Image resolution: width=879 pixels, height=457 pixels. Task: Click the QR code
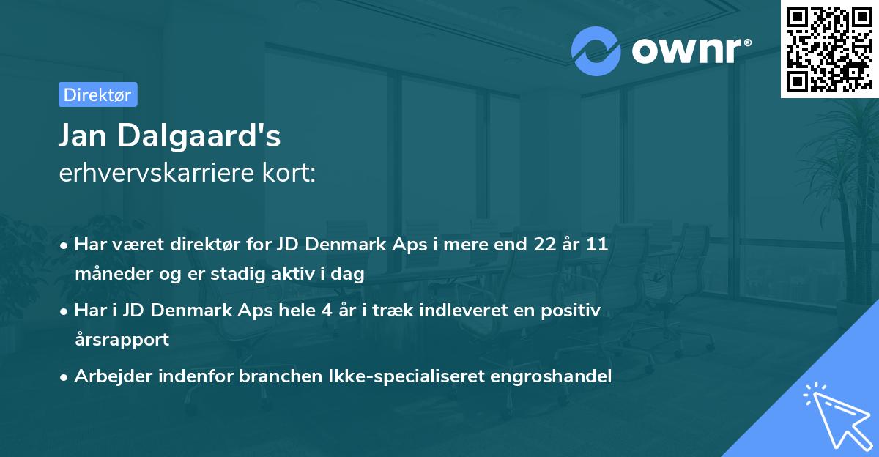829,48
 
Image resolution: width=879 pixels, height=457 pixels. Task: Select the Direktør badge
97,94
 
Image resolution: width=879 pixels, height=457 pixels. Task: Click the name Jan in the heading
89,136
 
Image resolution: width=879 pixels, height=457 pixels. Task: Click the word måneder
108,275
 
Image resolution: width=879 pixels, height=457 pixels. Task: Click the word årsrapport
122,340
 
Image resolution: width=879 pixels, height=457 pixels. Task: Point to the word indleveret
456,311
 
